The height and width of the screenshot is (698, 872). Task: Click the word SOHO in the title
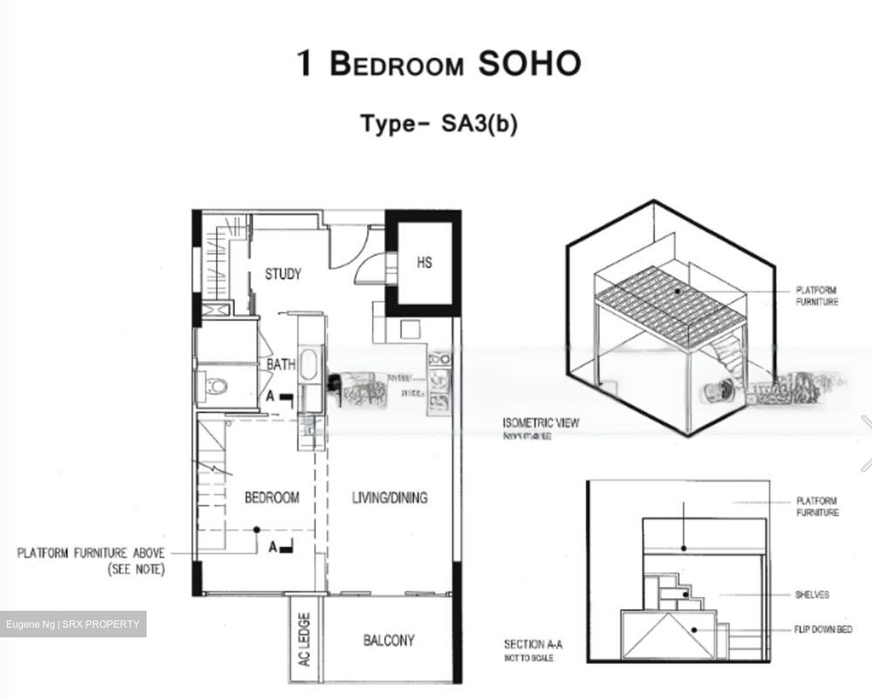[x=529, y=64]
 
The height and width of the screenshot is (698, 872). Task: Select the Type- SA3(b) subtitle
[x=439, y=124]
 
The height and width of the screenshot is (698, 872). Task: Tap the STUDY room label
[x=283, y=274]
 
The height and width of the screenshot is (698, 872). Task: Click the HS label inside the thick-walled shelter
[x=424, y=262]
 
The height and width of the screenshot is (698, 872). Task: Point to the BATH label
[x=281, y=364]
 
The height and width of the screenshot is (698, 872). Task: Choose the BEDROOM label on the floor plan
[x=272, y=497]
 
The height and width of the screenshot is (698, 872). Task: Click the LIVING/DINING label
[x=389, y=497]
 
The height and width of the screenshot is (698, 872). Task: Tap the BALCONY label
[x=389, y=640]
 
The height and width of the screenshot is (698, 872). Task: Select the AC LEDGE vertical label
[x=305, y=639]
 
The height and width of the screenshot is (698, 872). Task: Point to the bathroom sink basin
[x=309, y=362]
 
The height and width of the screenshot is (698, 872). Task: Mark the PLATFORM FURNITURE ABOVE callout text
[x=91, y=553]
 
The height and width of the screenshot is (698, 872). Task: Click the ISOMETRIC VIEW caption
[x=540, y=422]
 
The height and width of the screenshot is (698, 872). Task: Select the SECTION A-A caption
[x=533, y=644]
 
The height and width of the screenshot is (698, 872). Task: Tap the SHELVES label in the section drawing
[x=811, y=594]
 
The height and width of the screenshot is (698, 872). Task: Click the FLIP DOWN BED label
[x=822, y=630]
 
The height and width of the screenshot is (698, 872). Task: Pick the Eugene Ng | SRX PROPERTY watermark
[x=73, y=624]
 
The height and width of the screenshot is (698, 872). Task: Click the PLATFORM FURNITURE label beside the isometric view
[x=816, y=296]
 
